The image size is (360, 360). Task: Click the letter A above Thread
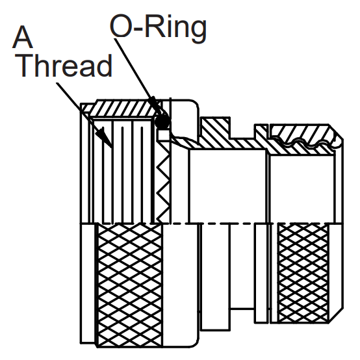pyautogui.click(x=22, y=37)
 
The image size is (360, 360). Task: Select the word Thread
pyautogui.click(x=64, y=66)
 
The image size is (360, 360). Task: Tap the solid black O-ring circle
pyautogui.click(x=162, y=122)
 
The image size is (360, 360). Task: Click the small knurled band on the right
pyautogui.click(x=303, y=272)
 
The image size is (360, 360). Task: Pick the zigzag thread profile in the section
pyautogui.click(x=164, y=184)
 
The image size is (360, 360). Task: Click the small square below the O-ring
pyautogui.click(x=163, y=135)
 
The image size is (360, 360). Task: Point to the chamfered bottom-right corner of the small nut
pyautogui.click(x=336, y=315)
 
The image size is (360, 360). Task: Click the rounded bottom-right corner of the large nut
pyautogui.click(x=194, y=341)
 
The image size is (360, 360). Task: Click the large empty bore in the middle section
pyautogui.click(x=227, y=186)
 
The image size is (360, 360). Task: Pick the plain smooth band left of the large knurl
pyautogui.click(x=88, y=283)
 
